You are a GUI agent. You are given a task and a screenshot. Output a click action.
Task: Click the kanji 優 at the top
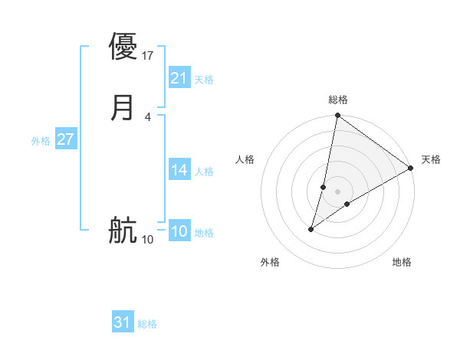click(x=123, y=46)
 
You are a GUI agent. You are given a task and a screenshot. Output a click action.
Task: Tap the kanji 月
click(x=123, y=107)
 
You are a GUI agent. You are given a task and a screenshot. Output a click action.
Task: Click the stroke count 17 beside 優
click(x=148, y=55)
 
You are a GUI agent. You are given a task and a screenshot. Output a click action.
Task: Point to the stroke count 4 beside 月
click(x=147, y=116)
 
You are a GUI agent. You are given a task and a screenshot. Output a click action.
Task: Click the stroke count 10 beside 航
click(x=148, y=240)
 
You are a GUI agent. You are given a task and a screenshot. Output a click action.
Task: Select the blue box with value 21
click(x=179, y=78)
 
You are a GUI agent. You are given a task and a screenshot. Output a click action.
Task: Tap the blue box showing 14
click(x=179, y=170)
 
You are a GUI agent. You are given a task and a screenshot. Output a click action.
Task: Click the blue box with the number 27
click(x=65, y=139)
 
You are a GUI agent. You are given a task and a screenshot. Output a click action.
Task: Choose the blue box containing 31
click(x=122, y=322)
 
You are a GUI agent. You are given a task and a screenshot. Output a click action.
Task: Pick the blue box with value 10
click(x=179, y=231)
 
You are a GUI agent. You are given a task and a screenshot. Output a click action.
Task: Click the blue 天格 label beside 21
click(x=204, y=80)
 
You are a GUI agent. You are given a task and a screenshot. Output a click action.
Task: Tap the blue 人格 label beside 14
click(x=204, y=172)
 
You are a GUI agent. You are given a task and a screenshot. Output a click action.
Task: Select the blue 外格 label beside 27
click(x=41, y=141)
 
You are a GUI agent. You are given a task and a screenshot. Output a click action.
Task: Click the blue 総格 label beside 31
click(x=147, y=324)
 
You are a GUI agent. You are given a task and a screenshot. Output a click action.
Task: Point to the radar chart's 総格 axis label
click(x=337, y=100)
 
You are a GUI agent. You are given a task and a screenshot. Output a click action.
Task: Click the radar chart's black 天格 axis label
click(x=431, y=159)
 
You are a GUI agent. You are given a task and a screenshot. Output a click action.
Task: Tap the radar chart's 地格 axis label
click(x=402, y=262)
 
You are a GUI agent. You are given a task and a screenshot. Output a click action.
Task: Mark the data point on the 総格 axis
click(x=337, y=116)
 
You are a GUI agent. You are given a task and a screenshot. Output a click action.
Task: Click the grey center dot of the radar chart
click(x=337, y=191)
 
